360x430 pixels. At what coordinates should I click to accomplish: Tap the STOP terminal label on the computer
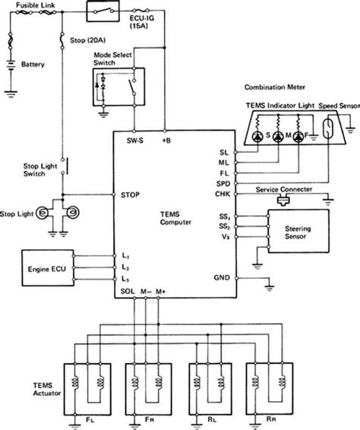coord(130,195)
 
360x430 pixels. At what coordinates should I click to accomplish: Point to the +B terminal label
coord(166,141)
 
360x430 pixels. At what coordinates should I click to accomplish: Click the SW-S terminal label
coord(135,141)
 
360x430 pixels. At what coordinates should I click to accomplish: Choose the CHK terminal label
coord(223,194)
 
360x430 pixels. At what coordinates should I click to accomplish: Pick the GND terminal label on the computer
coord(222,278)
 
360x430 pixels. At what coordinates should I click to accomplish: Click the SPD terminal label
coord(223,183)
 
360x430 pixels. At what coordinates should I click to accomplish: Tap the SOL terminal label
coord(128,291)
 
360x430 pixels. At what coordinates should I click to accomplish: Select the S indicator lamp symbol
coord(257,136)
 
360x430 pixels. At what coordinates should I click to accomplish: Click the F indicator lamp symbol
coord(298,136)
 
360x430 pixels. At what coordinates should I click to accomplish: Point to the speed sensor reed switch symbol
coord(328,128)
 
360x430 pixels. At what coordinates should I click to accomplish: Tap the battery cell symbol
coord(11,65)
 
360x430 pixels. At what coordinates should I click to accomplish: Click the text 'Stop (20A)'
coord(88,40)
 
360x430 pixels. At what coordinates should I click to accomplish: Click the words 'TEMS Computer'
coord(175,218)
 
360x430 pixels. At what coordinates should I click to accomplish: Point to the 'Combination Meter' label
coord(275,87)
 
